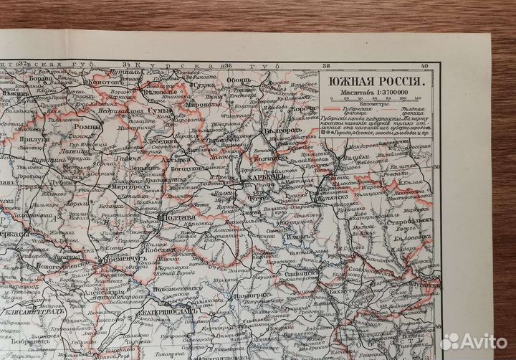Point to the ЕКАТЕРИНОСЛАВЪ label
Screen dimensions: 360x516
coord(178,313)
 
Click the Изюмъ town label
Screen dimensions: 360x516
coord(300,237)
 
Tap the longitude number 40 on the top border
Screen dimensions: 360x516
coord(424,67)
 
